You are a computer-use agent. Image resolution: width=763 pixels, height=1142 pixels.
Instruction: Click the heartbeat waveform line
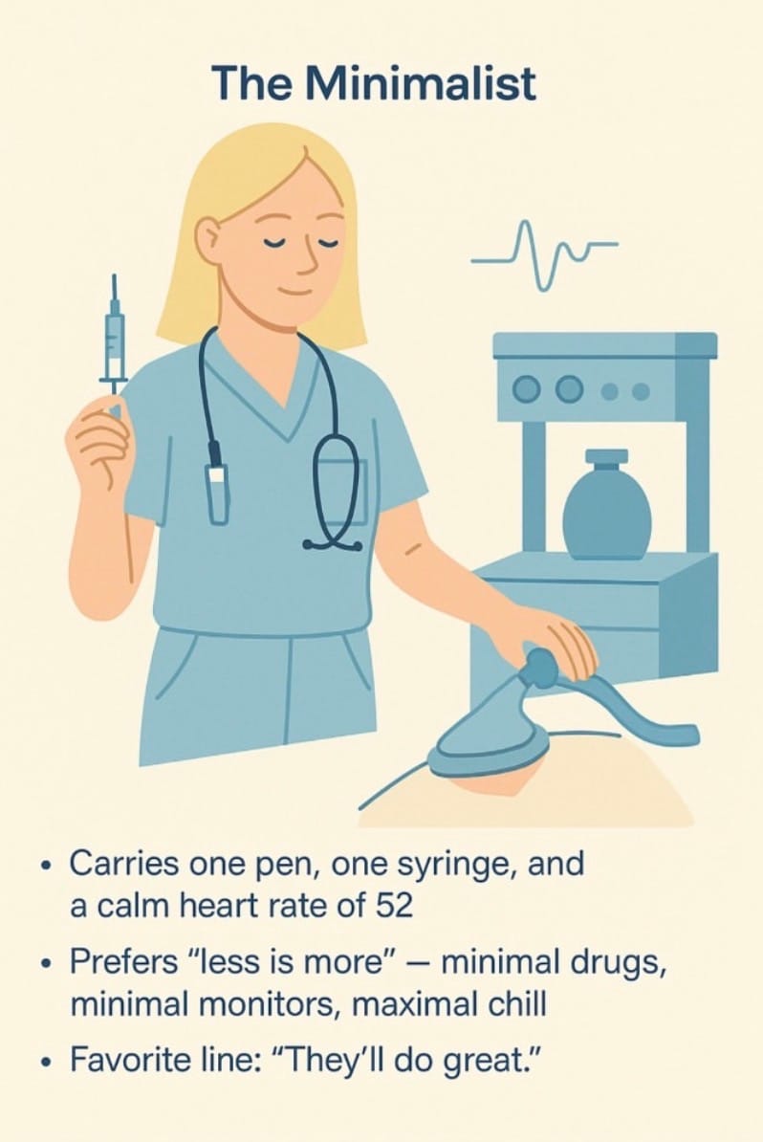tap(544, 255)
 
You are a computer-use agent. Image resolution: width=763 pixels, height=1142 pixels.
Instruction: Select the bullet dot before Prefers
tap(47, 964)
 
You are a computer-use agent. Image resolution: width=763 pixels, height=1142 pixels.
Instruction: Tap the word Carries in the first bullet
tap(124, 865)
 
